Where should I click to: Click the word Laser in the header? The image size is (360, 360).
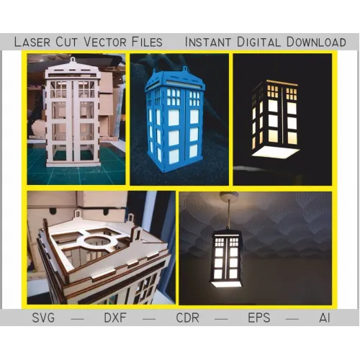coord(32,42)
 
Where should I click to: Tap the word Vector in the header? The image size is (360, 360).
coord(105,42)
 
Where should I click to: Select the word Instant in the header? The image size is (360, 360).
coord(208,42)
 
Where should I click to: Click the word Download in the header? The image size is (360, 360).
coord(316,42)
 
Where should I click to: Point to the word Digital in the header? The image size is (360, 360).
coord(258,42)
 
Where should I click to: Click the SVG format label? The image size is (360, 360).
coord(43,318)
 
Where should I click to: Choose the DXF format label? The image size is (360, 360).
coord(115,318)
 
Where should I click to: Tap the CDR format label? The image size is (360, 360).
coord(187,318)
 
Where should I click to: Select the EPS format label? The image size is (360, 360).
coord(259,318)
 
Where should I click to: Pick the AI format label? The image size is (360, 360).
coord(325,318)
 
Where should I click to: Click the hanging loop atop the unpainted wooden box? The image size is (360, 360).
coord(73,59)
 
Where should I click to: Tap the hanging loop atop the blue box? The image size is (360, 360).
coord(184,69)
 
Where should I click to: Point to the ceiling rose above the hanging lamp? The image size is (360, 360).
coord(229,197)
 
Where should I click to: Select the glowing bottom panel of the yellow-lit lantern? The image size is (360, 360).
coord(276,152)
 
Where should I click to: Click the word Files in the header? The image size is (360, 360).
coord(147,42)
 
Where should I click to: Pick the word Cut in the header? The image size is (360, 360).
coord(67,42)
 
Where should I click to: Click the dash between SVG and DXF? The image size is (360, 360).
coord(78,319)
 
